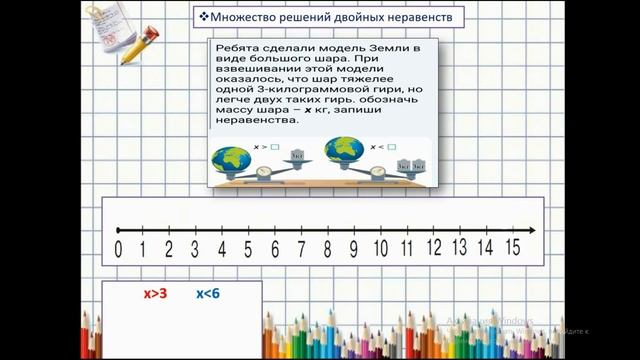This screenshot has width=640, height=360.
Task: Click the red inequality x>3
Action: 155,293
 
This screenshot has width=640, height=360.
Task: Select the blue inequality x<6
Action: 208,293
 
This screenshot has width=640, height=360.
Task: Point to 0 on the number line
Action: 119,249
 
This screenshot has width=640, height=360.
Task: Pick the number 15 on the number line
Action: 512,248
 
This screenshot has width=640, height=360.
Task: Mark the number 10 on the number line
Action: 380,249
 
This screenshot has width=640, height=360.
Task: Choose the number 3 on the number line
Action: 195,249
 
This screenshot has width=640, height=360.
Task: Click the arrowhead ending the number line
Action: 531,230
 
